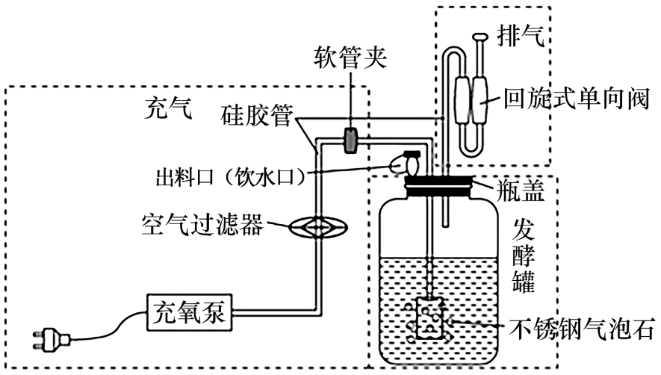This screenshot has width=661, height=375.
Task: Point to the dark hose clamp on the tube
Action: pyautogui.click(x=350, y=140)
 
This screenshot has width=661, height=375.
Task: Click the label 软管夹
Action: pyautogui.click(x=350, y=60)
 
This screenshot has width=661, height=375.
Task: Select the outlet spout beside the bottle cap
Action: pyautogui.click(x=408, y=161)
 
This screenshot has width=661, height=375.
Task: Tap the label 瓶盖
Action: pyautogui.click(x=517, y=192)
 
